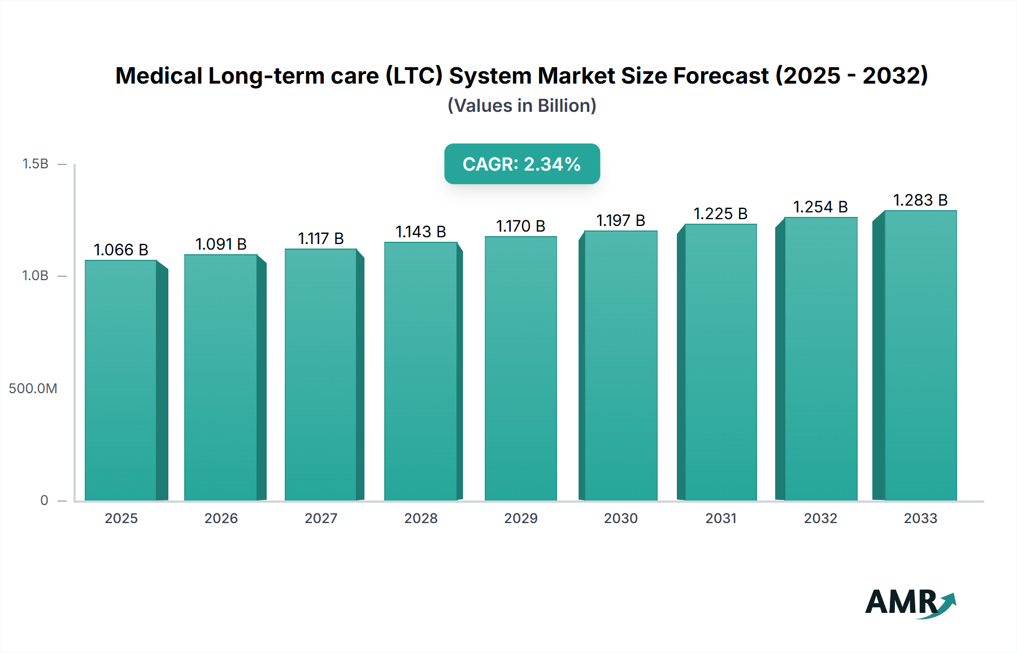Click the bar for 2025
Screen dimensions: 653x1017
(121, 380)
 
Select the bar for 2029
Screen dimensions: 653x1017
(520, 368)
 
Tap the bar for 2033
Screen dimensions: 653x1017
(920, 355)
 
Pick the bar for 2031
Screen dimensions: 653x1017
(720, 362)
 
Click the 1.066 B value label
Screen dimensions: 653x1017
(121, 250)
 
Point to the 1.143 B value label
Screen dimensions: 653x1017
(420, 232)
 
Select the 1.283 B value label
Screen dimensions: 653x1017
(920, 200)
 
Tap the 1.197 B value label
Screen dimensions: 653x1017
(620, 220)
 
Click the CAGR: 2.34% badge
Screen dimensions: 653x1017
(521, 164)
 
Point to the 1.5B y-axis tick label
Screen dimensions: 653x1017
(35, 164)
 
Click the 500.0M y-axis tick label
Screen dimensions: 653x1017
(33, 388)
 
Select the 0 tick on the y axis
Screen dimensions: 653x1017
(44, 500)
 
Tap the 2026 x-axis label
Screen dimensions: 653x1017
(221, 518)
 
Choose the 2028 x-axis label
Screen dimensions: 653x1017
(420, 518)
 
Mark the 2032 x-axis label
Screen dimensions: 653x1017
(820, 518)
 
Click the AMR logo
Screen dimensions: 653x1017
(910, 603)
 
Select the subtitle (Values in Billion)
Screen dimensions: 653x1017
(521, 106)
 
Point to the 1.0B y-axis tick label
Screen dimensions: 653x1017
(35, 276)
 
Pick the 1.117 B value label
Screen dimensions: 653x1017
(320, 238)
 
